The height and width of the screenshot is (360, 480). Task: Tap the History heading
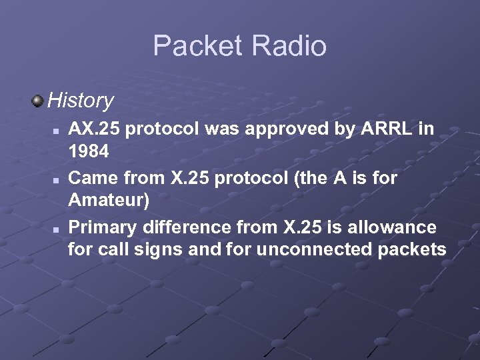pos(81,101)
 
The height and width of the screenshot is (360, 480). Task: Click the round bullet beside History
pos(37,101)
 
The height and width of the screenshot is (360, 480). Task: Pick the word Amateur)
pos(109,200)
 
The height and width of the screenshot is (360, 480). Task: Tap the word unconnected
pos(312,249)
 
